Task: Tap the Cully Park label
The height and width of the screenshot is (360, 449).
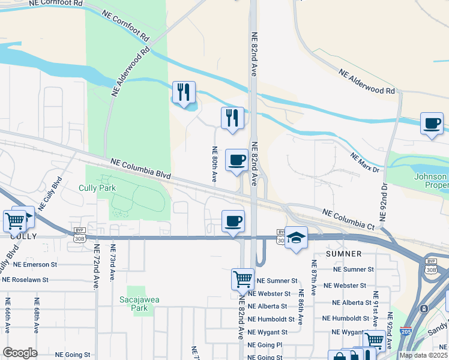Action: tap(97, 188)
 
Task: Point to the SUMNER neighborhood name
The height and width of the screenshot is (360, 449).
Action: tap(344, 254)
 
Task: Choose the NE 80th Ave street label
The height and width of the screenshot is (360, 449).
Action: tap(214, 163)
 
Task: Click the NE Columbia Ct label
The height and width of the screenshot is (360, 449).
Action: tap(348, 219)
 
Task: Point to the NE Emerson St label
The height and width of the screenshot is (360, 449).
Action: tap(29, 264)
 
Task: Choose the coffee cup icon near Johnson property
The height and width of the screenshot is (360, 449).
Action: tap(432, 124)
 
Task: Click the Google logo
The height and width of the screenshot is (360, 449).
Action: tap(20, 353)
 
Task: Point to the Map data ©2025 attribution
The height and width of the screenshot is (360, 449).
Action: tap(424, 355)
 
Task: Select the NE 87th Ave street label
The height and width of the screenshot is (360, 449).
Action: tap(313, 276)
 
